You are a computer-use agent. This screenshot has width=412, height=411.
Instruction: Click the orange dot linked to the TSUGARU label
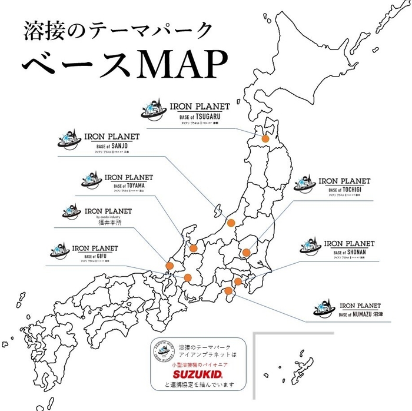[x=265, y=139]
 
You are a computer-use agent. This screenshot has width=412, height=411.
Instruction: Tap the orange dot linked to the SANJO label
[x=231, y=223]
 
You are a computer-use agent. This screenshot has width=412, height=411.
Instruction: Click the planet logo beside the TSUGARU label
[x=155, y=112]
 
